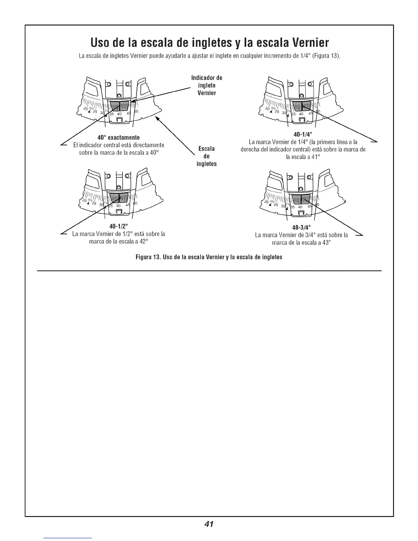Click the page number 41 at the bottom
point(209,524)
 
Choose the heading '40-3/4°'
point(302,227)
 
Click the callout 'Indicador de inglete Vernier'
point(207,85)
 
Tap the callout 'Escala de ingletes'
point(207,156)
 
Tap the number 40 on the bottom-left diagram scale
point(119,206)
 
